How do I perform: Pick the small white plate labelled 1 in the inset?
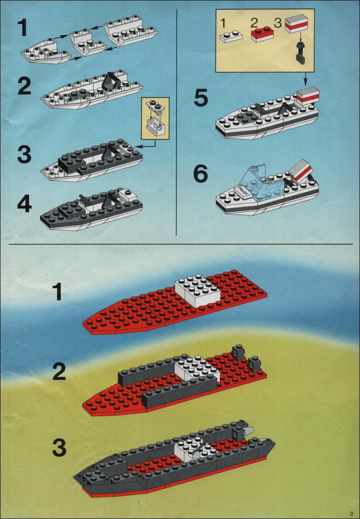[231, 36]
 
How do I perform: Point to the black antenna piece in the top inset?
[301, 53]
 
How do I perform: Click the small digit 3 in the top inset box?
[278, 23]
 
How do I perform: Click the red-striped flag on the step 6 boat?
[301, 170]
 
